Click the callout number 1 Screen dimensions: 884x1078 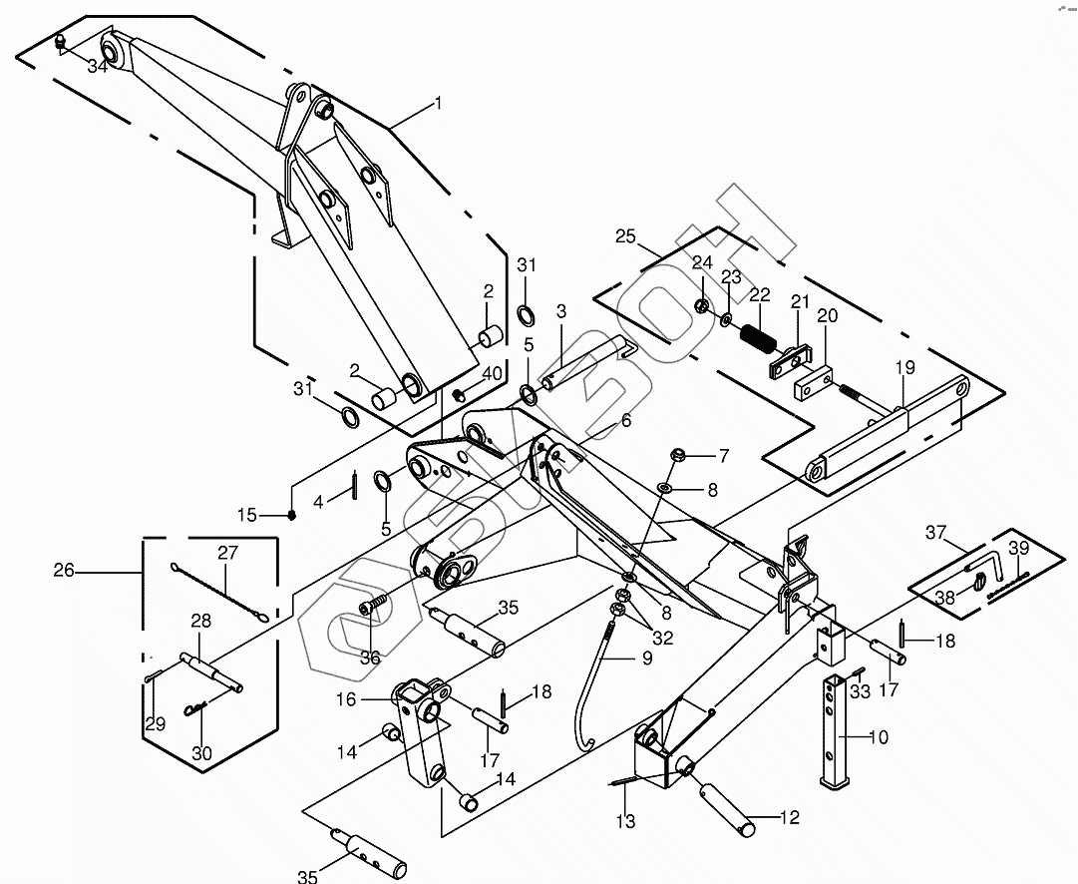pyautogui.click(x=437, y=103)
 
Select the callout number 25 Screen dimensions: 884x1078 pyautogui.click(x=625, y=236)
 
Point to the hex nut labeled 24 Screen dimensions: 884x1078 pyautogui.click(x=702, y=305)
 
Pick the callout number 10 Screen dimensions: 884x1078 pyautogui.click(x=878, y=738)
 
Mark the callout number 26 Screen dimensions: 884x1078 pyautogui.click(x=64, y=571)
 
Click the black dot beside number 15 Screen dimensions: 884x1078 pyautogui.click(x=292, y=515)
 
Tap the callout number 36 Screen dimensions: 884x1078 pyautogui.click(x=370, y=658)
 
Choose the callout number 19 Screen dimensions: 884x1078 pyautogui.click(x=903, y=367)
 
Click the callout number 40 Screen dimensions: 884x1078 pyautogui.click(x=492, y=373)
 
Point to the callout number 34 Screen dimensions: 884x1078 pyautogui.click(x=97, y=67)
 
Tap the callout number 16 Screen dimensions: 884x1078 pyautogui.click(x=346, y=700)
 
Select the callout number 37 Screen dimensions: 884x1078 pyautogui.click(x=935, y=533)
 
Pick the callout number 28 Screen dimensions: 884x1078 pyautogui.click(x=200, y=621)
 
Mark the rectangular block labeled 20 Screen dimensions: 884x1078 pyautogui.click(x=813, y=381)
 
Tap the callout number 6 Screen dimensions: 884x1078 pyautogui.click(x=625, y=421)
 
